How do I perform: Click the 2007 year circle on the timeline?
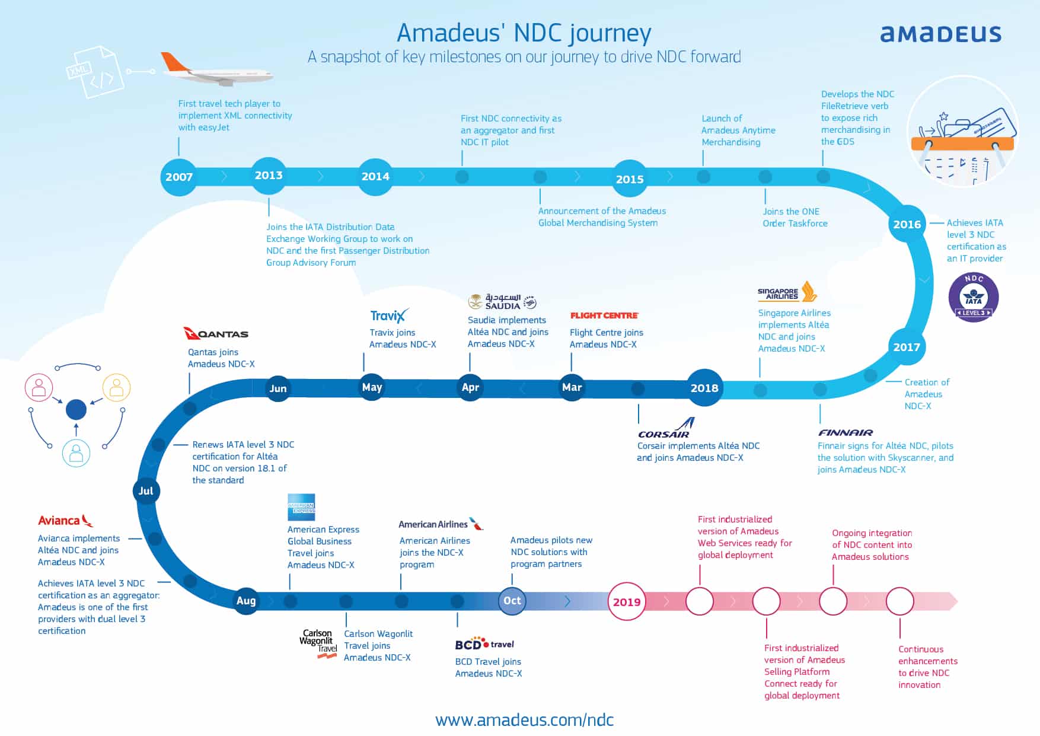179,177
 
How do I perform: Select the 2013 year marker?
269,176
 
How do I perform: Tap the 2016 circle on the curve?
907,224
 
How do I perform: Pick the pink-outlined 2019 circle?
627,602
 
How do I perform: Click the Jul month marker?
146,491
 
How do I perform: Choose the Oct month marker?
512,601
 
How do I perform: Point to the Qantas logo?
216,334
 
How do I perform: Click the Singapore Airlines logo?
787,292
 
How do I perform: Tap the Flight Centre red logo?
604,316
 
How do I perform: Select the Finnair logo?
846,433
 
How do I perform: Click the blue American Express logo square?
301,508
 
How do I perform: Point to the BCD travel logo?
484,645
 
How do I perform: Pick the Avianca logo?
65,521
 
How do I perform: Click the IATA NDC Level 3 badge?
974,297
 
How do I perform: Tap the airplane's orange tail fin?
176,62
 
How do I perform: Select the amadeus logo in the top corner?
940,34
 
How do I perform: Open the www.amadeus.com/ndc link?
524,720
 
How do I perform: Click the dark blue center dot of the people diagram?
76,409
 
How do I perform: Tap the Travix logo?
389,316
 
